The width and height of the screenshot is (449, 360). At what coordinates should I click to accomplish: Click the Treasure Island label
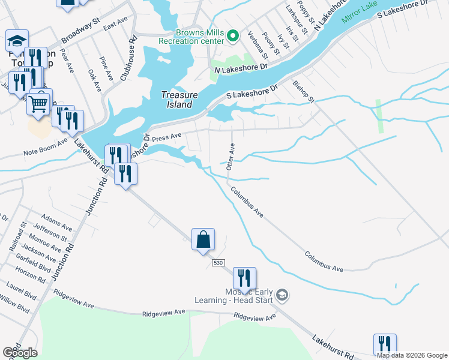click(x=176, y=100)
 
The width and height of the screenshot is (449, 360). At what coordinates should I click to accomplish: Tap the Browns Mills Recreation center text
click(x=192, y=36)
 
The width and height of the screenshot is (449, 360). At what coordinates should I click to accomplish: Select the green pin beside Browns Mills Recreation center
click(x=234, y=37)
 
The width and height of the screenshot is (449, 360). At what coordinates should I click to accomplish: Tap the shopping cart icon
click(x=38, y=103)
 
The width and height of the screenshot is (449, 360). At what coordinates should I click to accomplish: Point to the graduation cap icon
click(x=17, y=41)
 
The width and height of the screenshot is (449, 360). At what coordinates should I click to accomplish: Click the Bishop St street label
click(x=304, y=92)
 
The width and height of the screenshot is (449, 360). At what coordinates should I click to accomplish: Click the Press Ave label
click(x=166, y=137)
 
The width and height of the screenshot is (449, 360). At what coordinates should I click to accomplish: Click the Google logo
click(x=20, y=353)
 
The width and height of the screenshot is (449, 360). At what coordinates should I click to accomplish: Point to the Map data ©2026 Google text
click(x=412, y=355)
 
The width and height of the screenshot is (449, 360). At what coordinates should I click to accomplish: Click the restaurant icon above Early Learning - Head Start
click(x=244, y=278)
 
